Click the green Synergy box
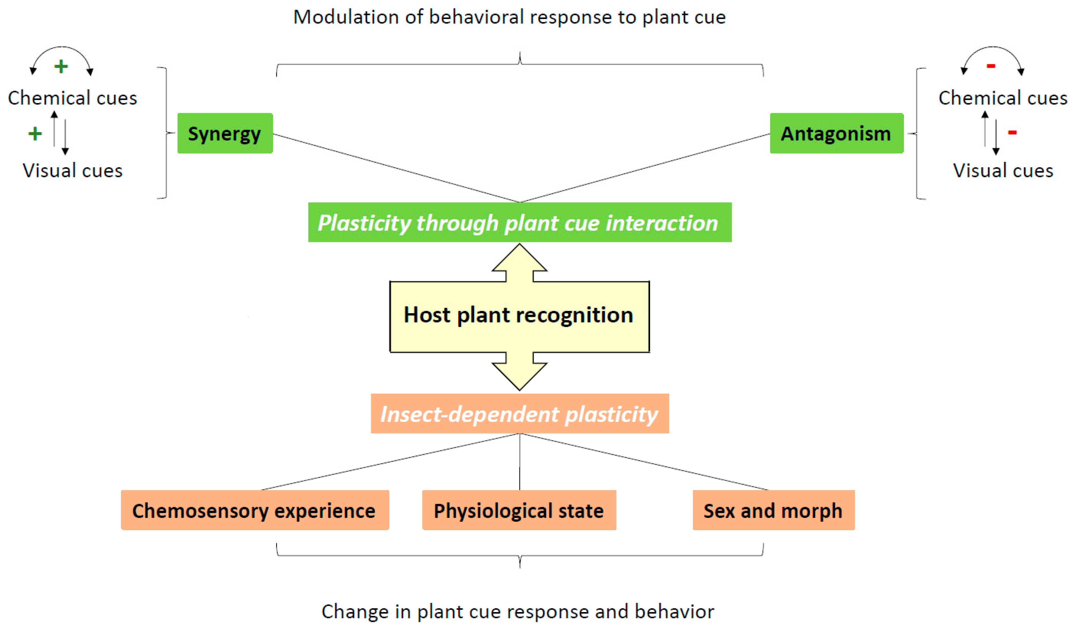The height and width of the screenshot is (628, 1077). coord(225,133)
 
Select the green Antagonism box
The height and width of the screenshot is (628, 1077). coord(836,133)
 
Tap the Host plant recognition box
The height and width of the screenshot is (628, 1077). coord(519,316)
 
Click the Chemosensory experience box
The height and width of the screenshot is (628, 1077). coord(255,510)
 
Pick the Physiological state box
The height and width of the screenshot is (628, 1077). coord(519,510)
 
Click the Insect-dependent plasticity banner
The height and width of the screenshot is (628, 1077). coord(519,414)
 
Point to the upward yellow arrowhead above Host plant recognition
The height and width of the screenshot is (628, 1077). coord(519,259)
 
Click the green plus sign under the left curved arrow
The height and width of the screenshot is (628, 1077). coord(61,66)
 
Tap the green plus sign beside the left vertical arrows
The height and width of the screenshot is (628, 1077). coord(35,134)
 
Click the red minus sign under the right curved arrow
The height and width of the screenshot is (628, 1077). coord(991,66)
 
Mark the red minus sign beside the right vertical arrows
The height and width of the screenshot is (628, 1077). coord(1012,133)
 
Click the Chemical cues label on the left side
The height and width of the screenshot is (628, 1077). coord(73,98)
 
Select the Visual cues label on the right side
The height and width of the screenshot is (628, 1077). coord(1003,171)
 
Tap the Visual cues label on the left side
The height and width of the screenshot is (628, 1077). coord(73,171)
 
